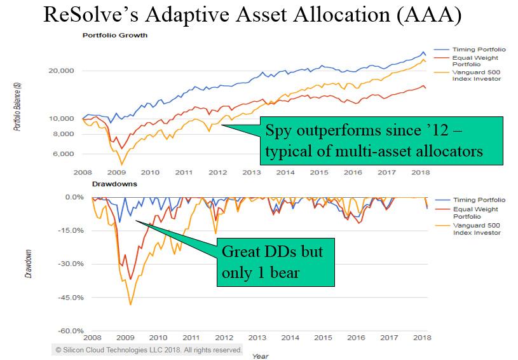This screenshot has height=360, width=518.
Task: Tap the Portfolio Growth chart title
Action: pyautogui.click(x=115, y=35)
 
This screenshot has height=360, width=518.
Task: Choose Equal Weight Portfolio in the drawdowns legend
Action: pyautogui.click(x=475, y=212)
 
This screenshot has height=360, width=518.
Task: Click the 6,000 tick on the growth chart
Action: pyautogui.click(x=64, y=154)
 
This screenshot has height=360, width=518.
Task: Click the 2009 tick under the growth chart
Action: pyautogui.click(x=116, y=172)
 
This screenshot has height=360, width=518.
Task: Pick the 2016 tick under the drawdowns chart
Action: pyautogui.click(x=357, y=338)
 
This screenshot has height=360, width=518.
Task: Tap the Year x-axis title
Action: pyautogui.click(x=260, y=356)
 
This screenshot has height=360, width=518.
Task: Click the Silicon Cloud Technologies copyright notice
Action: pyautogui.click(x=149, y=350)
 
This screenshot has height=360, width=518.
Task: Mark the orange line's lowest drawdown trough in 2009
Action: pyautogui.click(x=131, y=305)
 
